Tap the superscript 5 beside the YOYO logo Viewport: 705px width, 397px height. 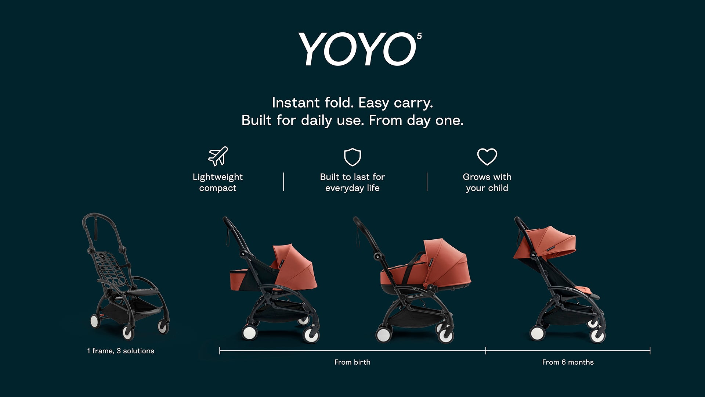[419, 36]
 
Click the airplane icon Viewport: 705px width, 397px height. [218, 156]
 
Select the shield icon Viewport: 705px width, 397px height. [352, 157]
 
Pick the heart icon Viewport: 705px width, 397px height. [487, 157]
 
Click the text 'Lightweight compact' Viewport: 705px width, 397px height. [218, 182]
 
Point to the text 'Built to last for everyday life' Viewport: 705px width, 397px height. [352, 182]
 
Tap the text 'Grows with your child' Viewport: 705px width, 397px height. [487, 182]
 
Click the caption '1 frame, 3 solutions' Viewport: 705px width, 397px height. [121, 351]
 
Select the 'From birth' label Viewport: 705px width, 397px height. [352, 362]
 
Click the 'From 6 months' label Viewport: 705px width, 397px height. [568, 362]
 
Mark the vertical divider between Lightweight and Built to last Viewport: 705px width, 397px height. [283, 182]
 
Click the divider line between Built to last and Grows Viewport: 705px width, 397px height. [427, 182]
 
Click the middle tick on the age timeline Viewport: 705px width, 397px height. [486, 351]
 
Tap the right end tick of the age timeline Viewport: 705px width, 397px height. [650, 351]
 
